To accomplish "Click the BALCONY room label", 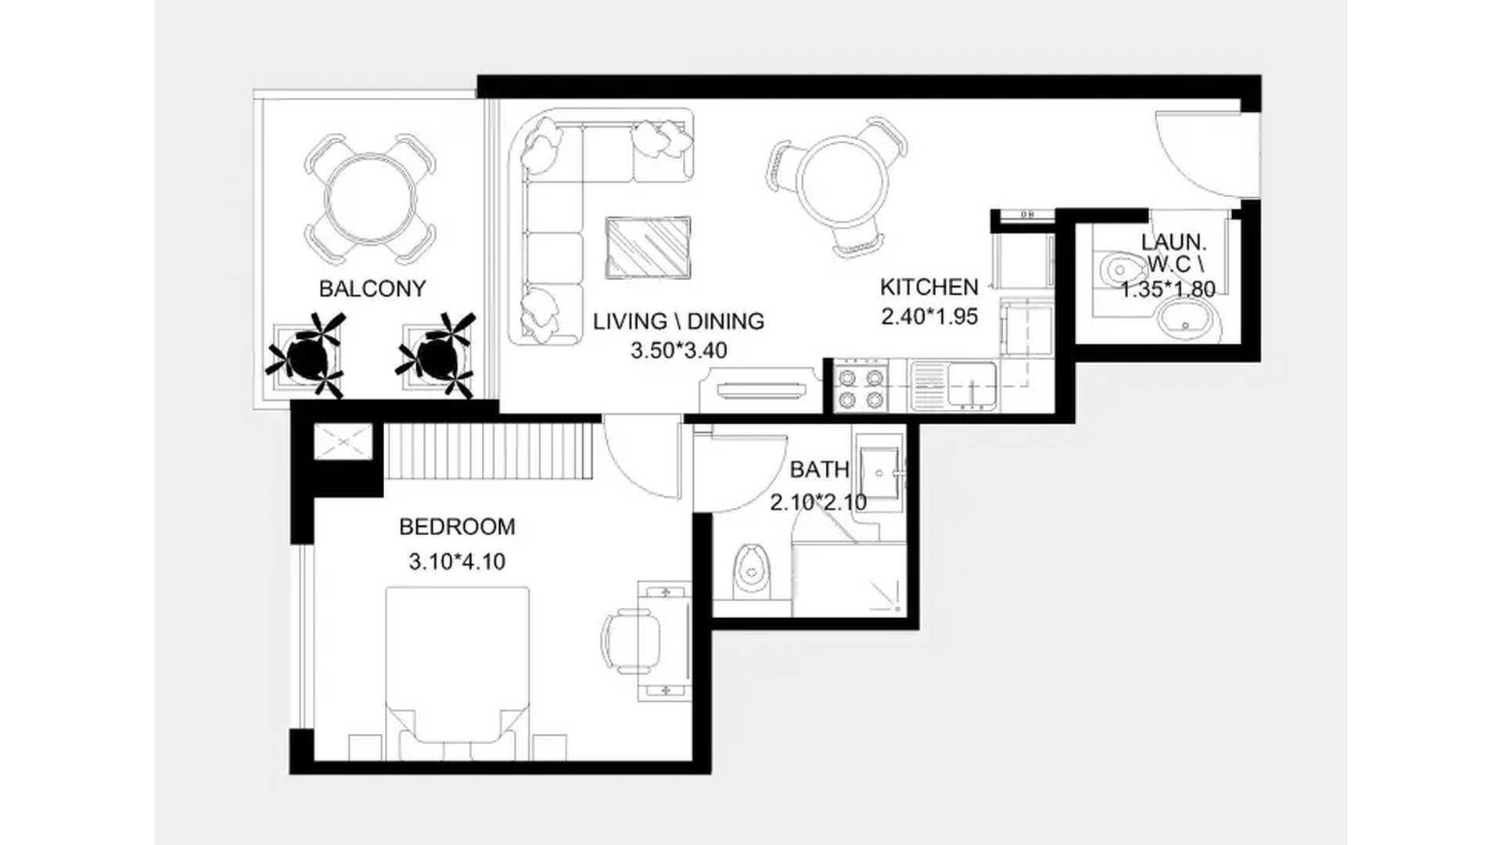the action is pyautogui.click(x=372, y=289).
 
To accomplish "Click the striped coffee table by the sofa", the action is pyautogui.click(x=649, y=247).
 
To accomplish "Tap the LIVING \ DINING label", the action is pyautogui.click(x=678, y=322).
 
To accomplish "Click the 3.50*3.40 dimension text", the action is pyautogui.click(x=679, y=351).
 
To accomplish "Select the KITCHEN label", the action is pyautogui.click(x=929, y=287).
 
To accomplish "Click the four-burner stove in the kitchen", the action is pyautogui.click(x=862, y=387).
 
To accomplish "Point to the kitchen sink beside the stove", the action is pyautogui.click(x=954, y=386).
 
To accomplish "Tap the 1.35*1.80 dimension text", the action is pyautogui.click(x=1168, y=290).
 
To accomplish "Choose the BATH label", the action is pyautogui.click(x=819, y=469).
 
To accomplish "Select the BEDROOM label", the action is pyautogui.click(x=457, y=527).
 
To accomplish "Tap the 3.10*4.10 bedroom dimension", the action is pyautogui.click(x=457, y=562).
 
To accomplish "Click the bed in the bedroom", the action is pyautogui.click(x=458, y=673).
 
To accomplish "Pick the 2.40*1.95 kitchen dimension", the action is pyautogui.click(x=929, y=317).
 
